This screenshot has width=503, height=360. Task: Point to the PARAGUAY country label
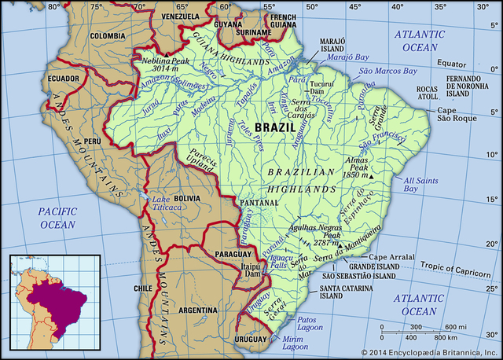(233, 254)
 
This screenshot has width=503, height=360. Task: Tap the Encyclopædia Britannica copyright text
(430, 352)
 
